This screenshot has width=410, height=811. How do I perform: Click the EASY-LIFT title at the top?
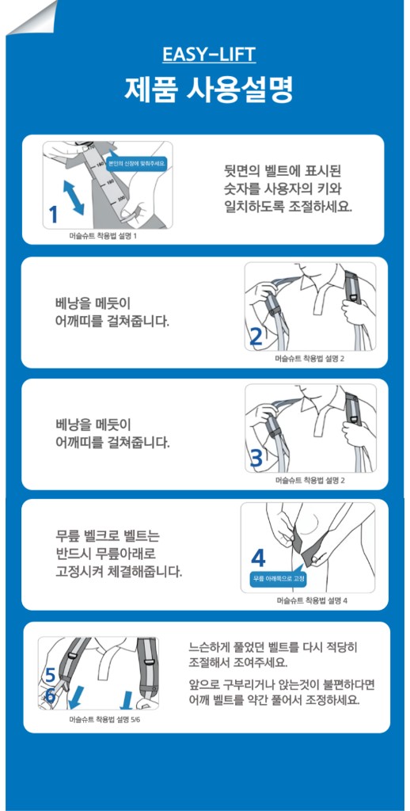point(209,54)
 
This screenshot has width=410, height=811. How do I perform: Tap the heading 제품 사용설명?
point(209,89)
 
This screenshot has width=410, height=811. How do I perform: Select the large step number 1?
point(53,215)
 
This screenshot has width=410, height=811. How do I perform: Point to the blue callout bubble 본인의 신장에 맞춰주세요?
point(136,162)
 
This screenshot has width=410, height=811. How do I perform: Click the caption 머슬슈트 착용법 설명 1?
point(103,236)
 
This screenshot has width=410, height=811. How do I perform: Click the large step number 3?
point(256,458)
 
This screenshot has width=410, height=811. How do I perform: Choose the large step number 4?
point(258,556)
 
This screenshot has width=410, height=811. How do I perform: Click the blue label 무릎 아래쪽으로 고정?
point(279,580)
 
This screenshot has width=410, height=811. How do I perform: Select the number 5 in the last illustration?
point(49,676)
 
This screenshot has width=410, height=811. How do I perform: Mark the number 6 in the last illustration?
point(49,695)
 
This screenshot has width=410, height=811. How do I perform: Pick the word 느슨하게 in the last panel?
point(213,645)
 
